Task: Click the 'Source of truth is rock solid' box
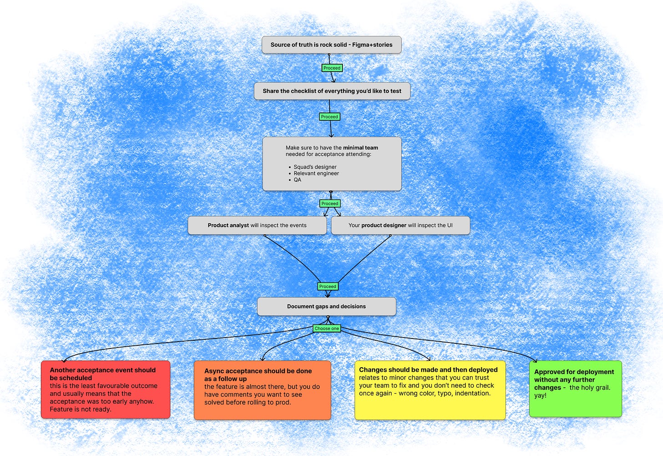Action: (x=331, y=45)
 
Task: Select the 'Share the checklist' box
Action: (x=332, y=91)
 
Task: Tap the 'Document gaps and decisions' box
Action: (x=326, y=306)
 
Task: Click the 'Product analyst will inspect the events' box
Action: (x=257, y=225)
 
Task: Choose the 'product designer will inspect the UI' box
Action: (x=400, y=225)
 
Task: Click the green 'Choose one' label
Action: (x=327, y=328)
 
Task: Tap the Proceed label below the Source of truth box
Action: (x=332, y=68)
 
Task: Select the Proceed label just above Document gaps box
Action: (x=328, y=287)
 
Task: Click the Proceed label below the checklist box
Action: (x=329, y=117)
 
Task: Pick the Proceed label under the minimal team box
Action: (x=330, y=204)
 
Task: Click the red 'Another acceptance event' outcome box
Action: (x=106, y=389)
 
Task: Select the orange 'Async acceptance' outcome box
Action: (x=262, y=390)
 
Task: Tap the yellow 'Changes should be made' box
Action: (x=430, y=390)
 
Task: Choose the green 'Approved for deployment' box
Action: (x=576, y=389)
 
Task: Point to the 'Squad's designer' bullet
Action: (x=315, y=167)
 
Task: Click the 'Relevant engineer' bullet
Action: (x=316, y=173)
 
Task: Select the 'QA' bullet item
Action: (x=297, y=180)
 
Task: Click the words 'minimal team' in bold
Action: (x=361, y=148)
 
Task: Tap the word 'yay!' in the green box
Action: (x=540, y=395)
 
